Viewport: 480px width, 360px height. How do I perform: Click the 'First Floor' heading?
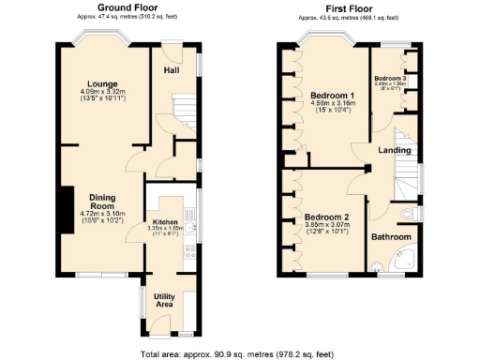point(352,7)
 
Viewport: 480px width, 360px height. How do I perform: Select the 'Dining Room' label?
point(101,202)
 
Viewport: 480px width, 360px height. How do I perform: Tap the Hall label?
point(172,70)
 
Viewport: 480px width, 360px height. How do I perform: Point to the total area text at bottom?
point(240,352)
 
